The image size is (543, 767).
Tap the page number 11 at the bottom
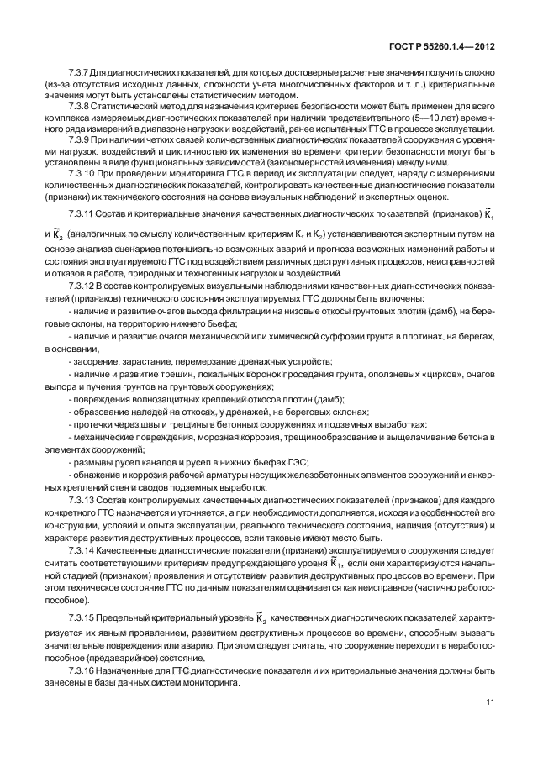(x=489, y=702)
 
